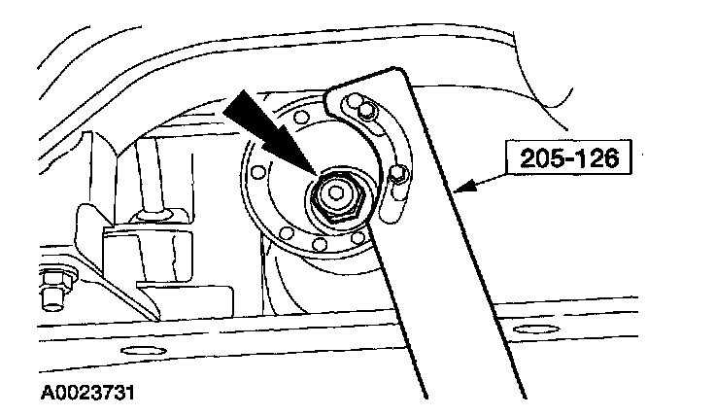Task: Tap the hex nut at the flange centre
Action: point(335,195)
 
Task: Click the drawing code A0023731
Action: point(86,394)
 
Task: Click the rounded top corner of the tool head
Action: point(335,92)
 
